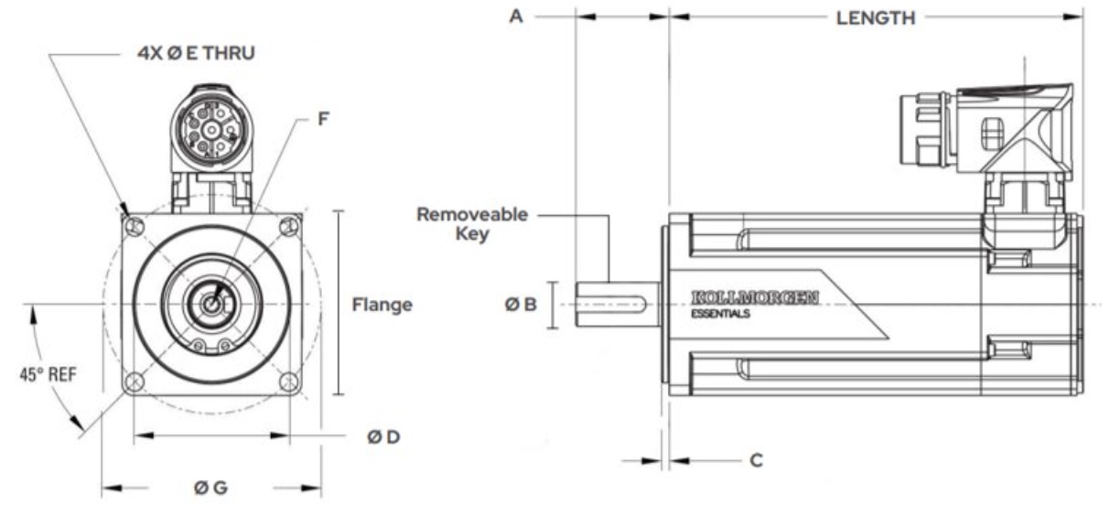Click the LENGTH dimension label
875,17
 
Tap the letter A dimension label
516,16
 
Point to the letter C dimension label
756,459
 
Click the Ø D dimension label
383,437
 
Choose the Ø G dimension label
210,488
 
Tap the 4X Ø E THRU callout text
196,53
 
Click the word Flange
382,305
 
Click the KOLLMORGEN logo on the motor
755,297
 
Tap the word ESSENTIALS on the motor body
721,314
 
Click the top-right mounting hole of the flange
289,225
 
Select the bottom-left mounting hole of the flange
135,381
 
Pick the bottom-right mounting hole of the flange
289,381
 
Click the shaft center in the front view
211,304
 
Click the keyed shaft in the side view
613,304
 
